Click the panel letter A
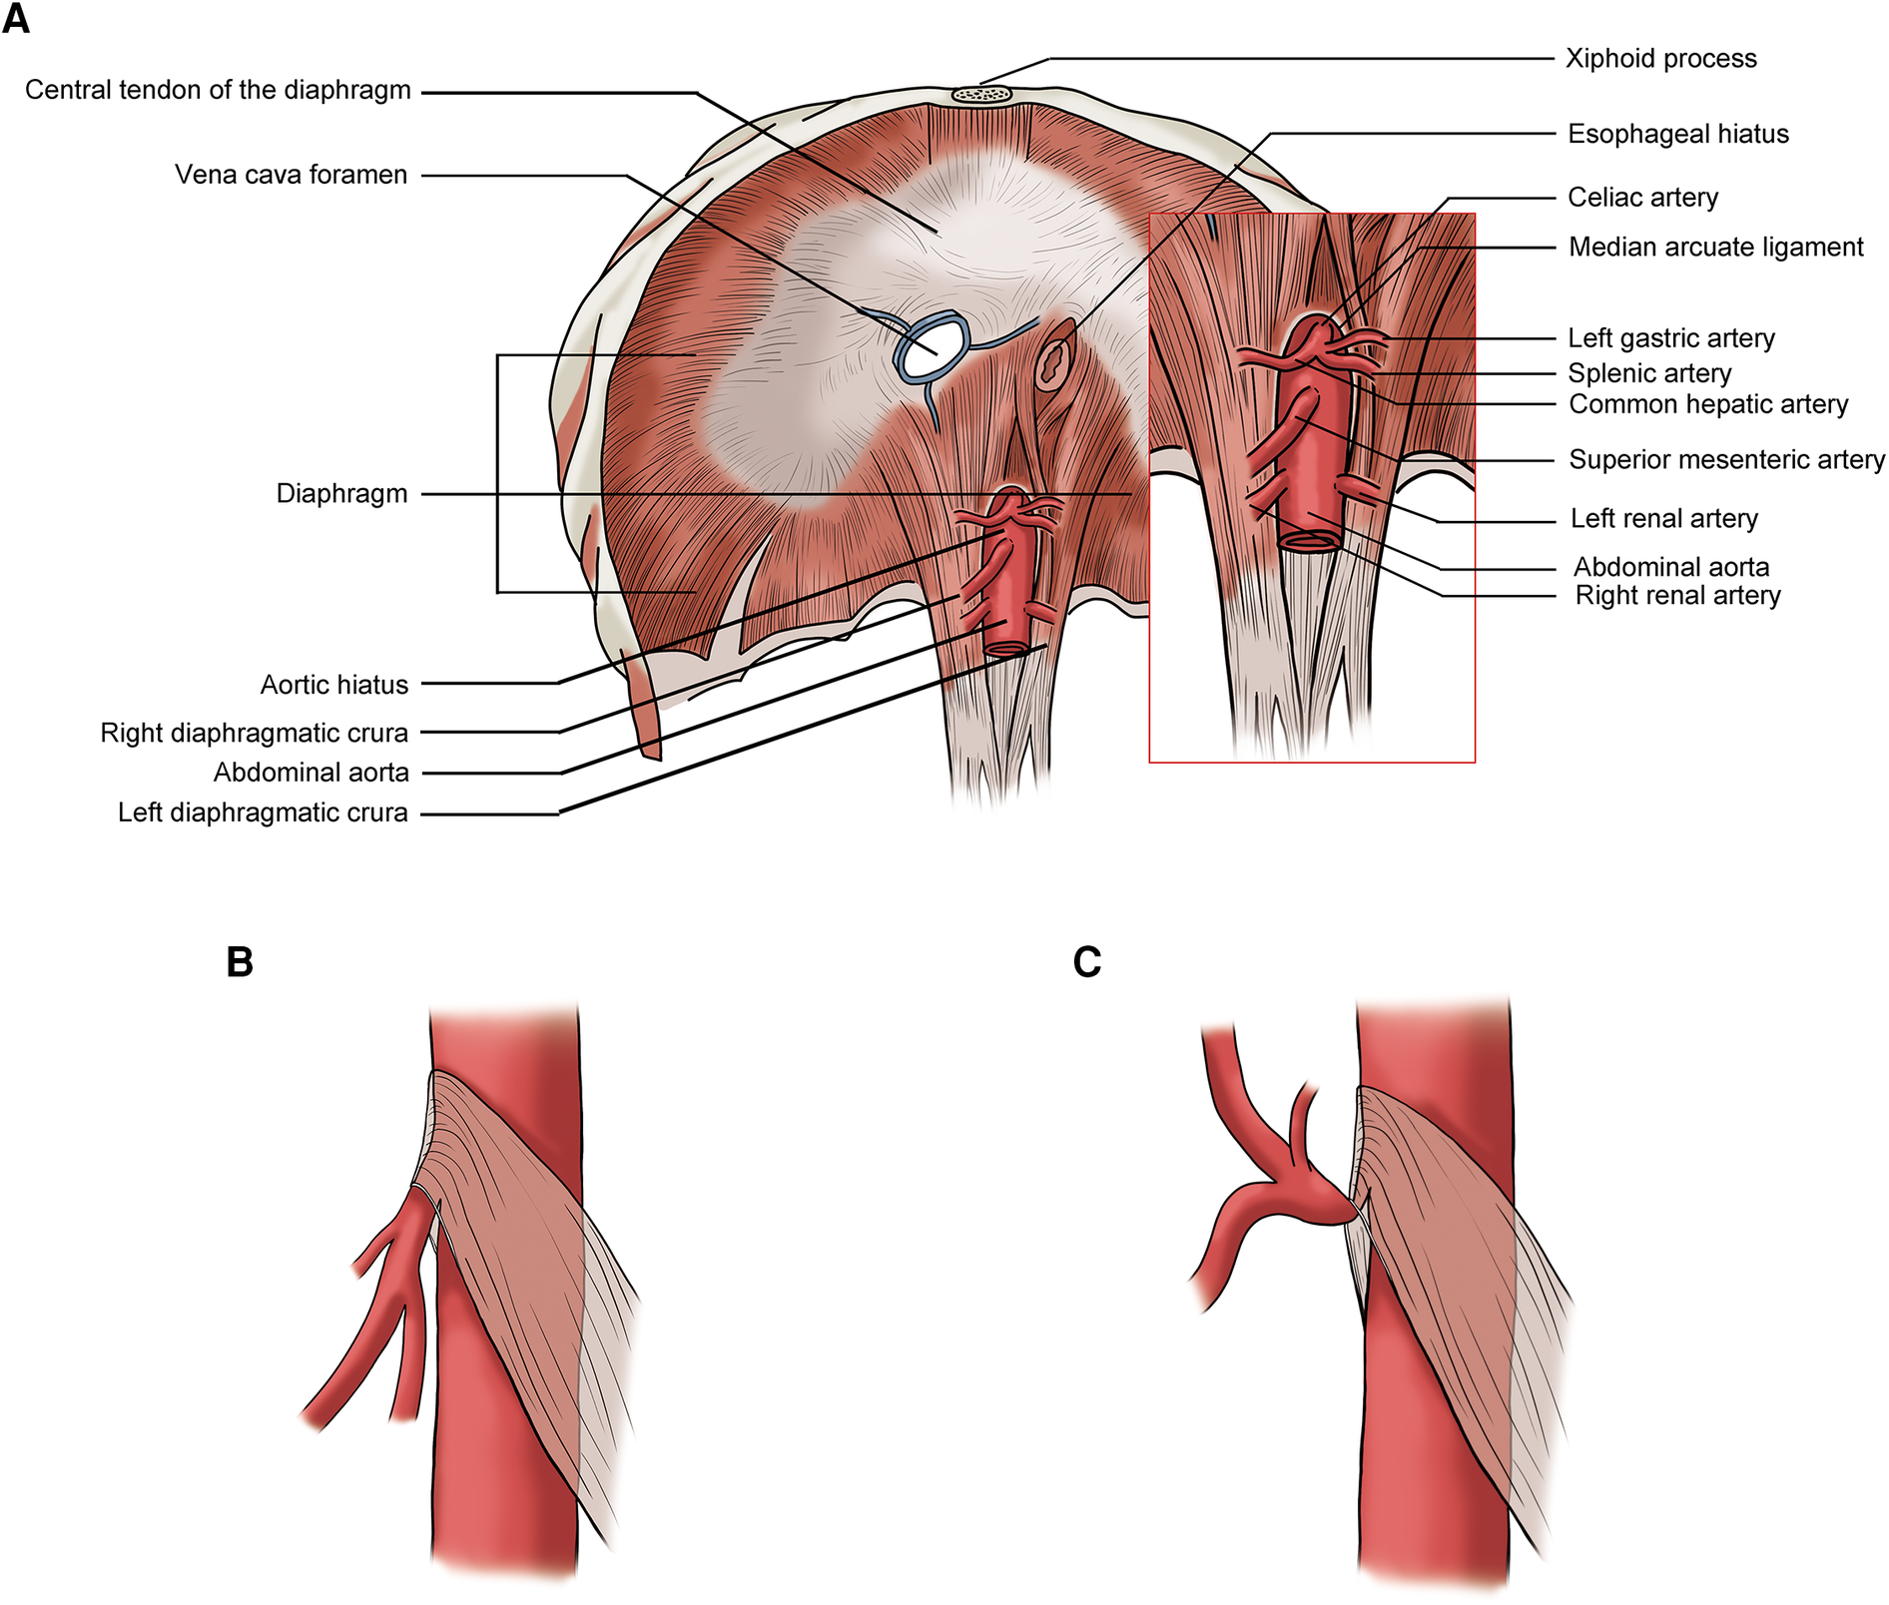[17, 19]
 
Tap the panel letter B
[240, 962]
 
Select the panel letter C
[1087, 962]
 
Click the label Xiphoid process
[1660, 58]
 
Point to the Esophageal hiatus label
[1677, 134]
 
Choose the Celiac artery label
[1642, 198]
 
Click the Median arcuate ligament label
[1715, 247]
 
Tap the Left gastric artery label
[1670, 338]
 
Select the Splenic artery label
[1649, 373]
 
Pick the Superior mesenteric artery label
[1726, 459]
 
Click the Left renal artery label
[1663, 518]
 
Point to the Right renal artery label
[1677, 595]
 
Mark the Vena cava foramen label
[291, 175]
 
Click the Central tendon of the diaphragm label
[218, 90]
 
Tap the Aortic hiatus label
[333, 685]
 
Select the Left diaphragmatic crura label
[263, 812]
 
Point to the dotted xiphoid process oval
[982, 94]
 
